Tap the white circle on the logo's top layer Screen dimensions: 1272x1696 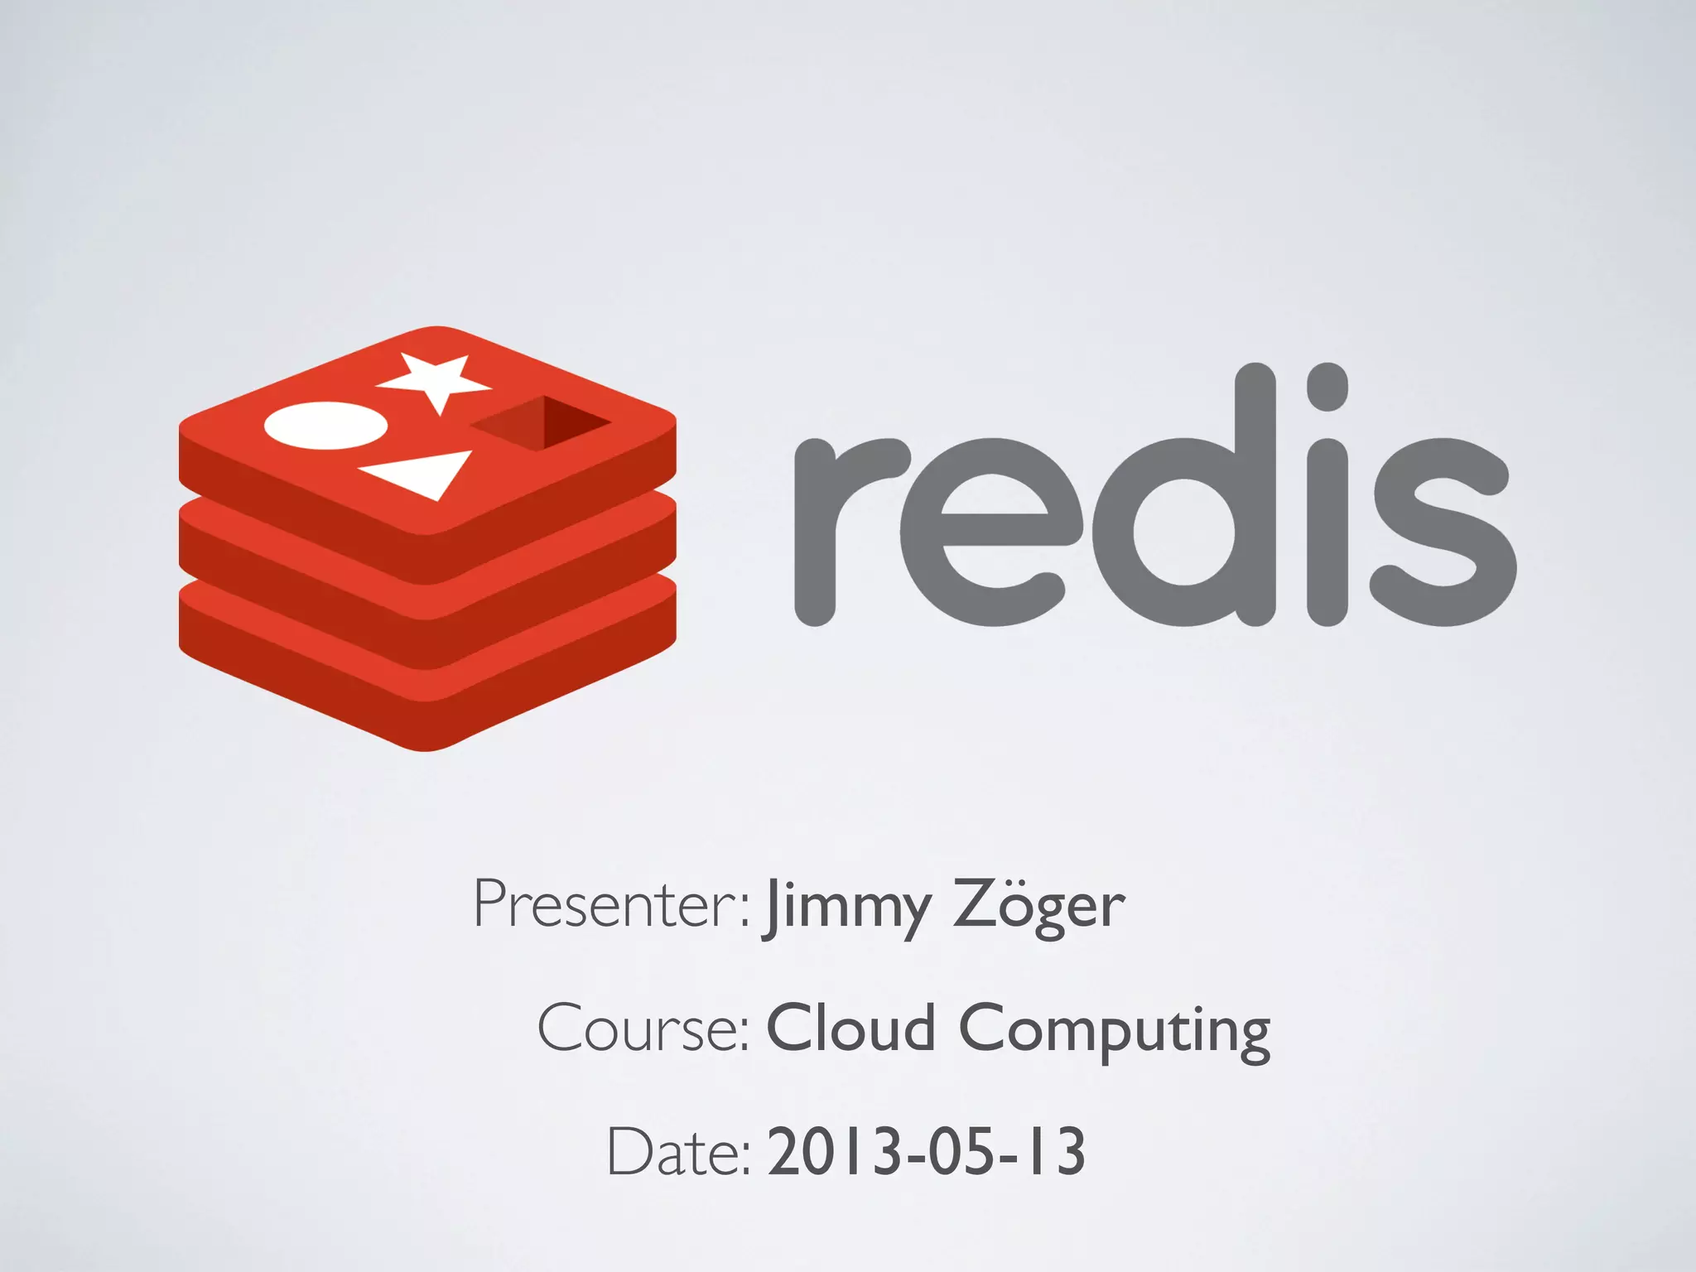[325, 426]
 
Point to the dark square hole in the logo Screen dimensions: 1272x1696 [542, 423]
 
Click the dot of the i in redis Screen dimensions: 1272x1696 [1327, 387]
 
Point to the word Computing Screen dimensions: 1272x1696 [1114, 1031]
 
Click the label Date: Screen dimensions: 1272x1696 [678, 1152]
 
